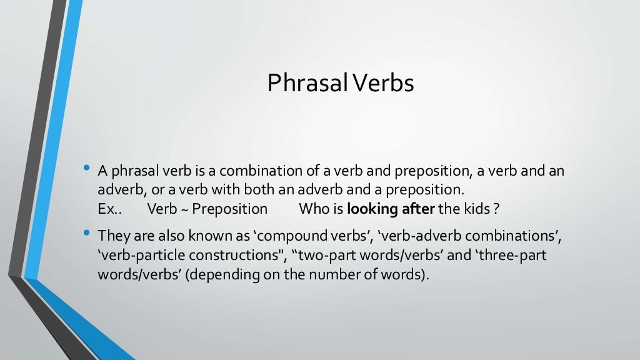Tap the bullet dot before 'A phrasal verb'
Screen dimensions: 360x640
point(86,169)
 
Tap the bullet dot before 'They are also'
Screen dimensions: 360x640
point(86,234)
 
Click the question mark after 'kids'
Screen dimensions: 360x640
point(496,209)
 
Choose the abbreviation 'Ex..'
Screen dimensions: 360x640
point(109,209)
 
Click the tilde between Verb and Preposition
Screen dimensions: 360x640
point(185,209)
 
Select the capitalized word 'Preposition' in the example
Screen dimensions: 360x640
point(230,209)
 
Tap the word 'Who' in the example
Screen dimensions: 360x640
point(313,209)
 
